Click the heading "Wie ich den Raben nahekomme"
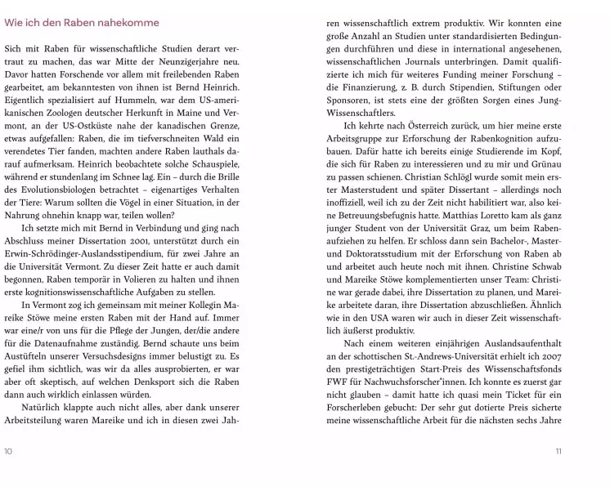(x=81, y=22)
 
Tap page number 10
(x=8, y=451)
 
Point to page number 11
(x=558, y=451)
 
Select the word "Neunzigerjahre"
(x=187, y=62)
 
